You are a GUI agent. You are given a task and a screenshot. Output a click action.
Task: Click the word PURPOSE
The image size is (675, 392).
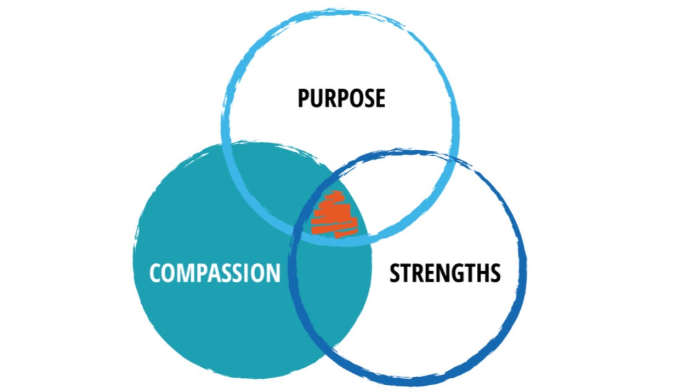[341, 98]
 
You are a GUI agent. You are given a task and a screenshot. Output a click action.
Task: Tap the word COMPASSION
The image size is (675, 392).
[214, 272]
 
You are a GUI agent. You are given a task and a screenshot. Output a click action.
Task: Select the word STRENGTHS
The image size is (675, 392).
[445, 272]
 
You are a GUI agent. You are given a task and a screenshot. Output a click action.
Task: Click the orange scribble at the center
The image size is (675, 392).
[333, 214]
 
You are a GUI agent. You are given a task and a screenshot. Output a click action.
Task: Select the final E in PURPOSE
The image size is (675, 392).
[379, 98]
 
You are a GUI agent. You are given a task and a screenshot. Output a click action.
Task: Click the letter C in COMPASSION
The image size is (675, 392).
[156, 272]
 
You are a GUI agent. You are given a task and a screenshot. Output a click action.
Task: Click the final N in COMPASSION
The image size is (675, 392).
[272, 272]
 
